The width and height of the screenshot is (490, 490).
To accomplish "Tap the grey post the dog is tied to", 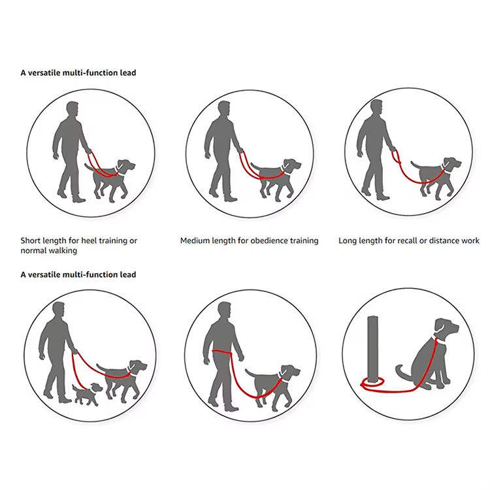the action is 372,350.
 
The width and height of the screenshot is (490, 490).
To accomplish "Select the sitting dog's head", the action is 447,330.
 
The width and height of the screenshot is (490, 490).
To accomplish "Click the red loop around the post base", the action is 372,383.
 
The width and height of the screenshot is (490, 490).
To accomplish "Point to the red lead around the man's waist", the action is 222,353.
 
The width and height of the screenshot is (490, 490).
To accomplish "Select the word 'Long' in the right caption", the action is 348,240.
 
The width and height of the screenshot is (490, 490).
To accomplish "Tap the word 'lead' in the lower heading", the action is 128,274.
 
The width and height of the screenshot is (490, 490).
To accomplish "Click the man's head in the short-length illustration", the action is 73,109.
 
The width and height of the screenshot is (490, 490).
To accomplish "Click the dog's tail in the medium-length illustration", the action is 257,167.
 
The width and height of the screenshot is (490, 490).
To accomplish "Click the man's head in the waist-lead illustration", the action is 224,310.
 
